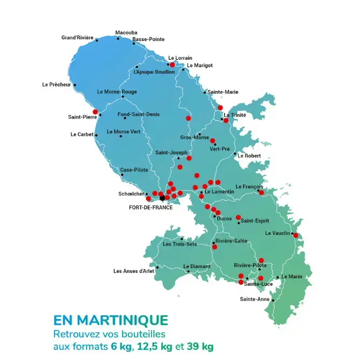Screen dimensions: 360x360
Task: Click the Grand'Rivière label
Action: click(x=77, y=38)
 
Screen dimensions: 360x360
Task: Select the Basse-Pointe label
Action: click(x=148, y=39)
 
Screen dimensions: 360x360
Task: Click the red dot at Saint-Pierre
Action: click(x=95, y=112)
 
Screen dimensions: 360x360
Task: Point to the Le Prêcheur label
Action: click(x=57, y=85)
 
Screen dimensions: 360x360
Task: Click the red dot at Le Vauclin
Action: click(x=295, y=235)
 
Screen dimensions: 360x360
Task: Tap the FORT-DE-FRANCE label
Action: click(x=151, y=207)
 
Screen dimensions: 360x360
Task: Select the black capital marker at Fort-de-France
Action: click(x=162, y=198)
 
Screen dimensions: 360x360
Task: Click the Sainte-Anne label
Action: click(x=254, y=299)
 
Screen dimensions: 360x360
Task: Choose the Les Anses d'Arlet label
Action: click(x=134, y=271)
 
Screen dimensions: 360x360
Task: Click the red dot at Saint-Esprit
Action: click(x=238, y=218)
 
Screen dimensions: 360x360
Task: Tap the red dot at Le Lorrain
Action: click(x=172, y=65)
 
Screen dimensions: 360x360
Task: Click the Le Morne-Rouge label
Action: click(x=117, y=92)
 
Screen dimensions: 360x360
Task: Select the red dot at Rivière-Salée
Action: click(x=214, y=247)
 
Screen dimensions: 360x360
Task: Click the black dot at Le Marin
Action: click(x=278, y=278)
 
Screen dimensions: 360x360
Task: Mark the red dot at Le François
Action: click(x=261, y=192)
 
